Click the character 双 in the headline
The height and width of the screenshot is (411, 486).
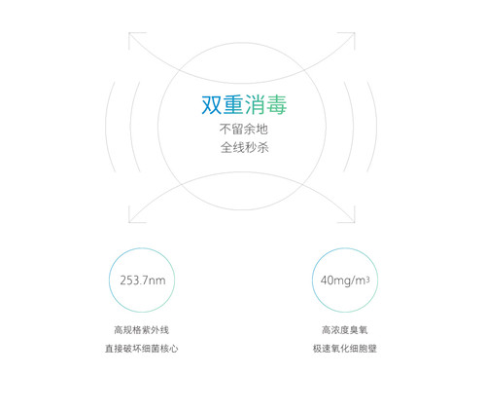212,105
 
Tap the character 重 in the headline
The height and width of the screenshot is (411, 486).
233,105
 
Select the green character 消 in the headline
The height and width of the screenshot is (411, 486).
255,105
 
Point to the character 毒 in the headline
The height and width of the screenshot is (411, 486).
276,105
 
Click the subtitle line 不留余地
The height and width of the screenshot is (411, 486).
244,130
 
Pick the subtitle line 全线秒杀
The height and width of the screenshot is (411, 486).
245,148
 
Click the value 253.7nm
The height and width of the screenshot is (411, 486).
143,280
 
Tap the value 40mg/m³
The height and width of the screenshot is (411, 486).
345,280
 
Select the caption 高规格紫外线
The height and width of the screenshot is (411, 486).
142,330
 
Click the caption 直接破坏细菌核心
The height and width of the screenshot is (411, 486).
142,349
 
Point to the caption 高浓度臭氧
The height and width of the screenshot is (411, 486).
345,330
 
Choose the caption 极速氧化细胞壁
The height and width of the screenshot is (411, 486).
345,349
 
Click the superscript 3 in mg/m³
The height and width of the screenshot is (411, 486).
367,279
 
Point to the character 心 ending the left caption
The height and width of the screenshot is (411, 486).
174,349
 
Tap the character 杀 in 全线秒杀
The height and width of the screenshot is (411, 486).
262,148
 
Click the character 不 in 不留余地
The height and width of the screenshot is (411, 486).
226,130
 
